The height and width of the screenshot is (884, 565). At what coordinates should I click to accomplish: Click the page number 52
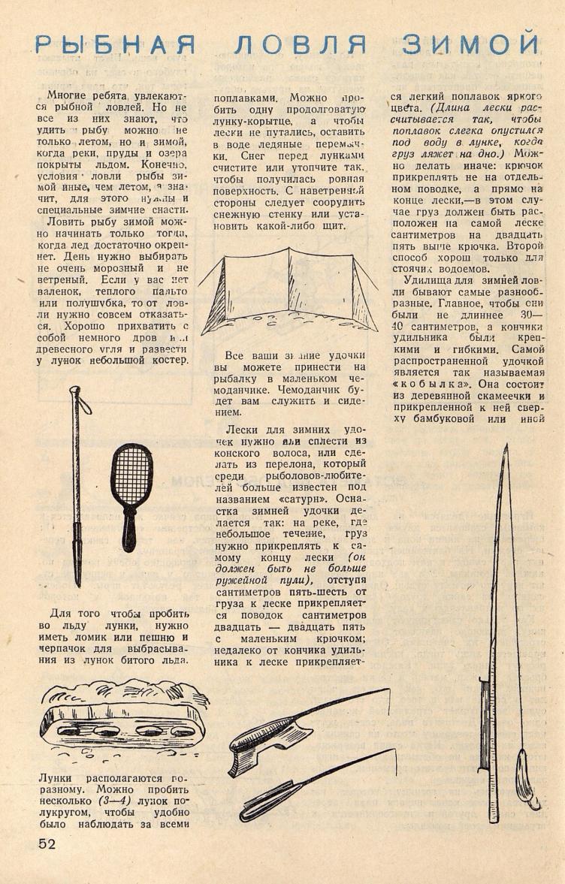tap(47, 843)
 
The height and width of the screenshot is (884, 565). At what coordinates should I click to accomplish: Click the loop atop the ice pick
tap(77, 394)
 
